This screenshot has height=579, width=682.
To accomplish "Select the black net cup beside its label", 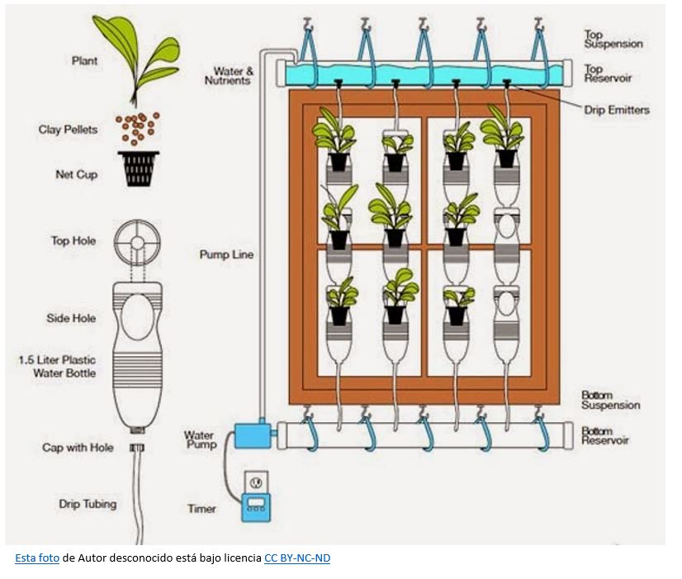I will (139, 168).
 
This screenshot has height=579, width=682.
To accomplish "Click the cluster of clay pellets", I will (136, 128).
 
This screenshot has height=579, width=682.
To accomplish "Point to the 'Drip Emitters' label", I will (616, 110).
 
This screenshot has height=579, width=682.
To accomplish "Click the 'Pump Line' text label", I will (226, 254).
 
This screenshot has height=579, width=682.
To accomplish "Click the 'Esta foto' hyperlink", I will (37, 558).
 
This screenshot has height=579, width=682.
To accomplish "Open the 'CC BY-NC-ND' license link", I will (297, 558).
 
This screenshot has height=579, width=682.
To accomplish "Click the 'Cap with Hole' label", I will (78, 448).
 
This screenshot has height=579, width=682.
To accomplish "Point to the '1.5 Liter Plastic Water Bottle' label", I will (57, 367).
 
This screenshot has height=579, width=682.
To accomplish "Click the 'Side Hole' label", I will (71, 318).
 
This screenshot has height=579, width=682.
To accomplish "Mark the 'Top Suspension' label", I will (613, 40).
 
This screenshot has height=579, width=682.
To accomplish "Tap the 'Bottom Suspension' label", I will (611, 400).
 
